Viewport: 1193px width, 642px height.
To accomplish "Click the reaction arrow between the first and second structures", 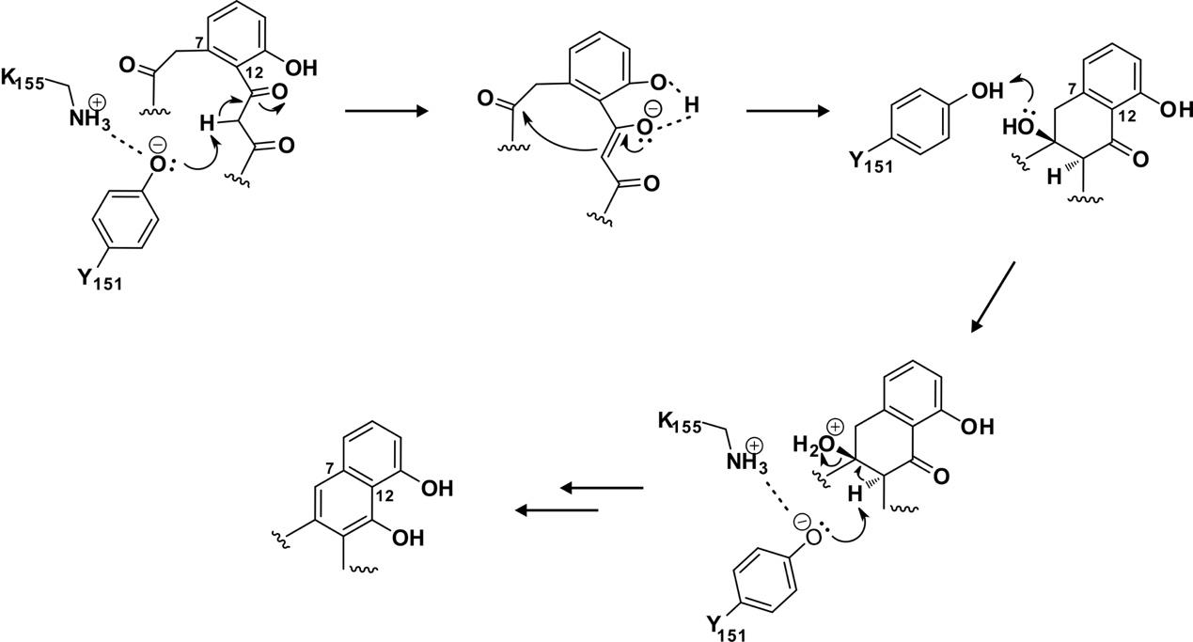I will click(x=385, y=111).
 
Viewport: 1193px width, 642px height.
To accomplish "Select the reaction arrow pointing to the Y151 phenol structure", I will click(x=786, y=111).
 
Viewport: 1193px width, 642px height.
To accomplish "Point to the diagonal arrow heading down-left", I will click(x=993, y=296).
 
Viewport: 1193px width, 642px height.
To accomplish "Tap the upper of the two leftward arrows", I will click(x=602, y=488).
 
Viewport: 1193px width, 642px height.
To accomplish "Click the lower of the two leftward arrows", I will click(x=557, y=510).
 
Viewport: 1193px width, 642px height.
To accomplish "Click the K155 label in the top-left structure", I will click(x=25, y=80).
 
